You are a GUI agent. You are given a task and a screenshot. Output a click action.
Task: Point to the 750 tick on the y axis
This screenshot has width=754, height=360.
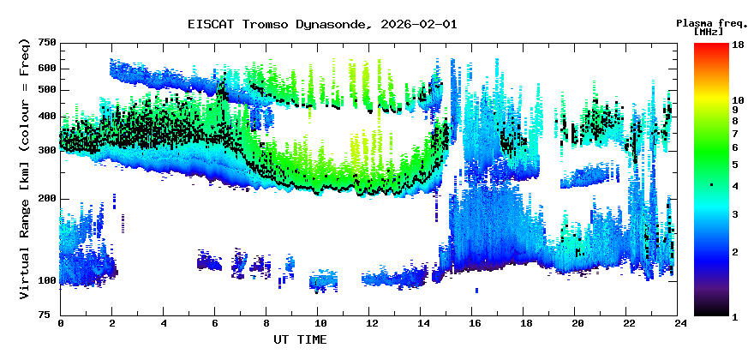click(46, 42)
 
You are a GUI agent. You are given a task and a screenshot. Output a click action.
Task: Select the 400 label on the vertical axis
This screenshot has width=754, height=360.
click(46, 117)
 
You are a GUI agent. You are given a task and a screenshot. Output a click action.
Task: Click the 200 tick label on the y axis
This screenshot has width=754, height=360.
click(46, 199)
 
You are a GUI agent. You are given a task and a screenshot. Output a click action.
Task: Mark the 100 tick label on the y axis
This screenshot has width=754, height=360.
click(46, 281)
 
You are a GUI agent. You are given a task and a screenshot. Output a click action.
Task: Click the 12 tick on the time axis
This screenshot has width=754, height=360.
click(371, 324)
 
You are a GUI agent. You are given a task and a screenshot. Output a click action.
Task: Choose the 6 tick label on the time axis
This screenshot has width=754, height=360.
click(216, 324)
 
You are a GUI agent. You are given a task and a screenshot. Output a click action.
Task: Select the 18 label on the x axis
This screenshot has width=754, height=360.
click(526, 324)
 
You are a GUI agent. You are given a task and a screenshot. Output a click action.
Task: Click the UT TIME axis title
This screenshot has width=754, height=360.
click(300, 339)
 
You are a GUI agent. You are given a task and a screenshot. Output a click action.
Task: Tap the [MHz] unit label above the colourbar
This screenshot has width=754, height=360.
click(709, 32)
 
